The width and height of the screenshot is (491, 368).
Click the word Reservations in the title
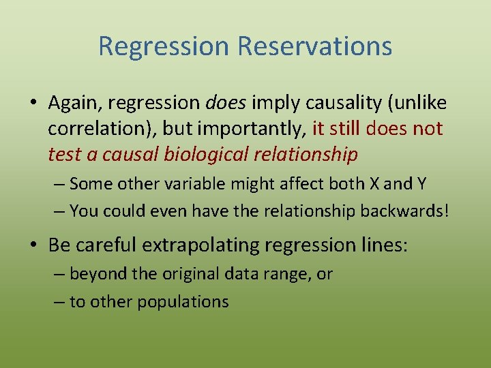314,46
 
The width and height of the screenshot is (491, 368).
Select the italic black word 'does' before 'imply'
227,103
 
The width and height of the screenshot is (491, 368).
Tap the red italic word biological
209,155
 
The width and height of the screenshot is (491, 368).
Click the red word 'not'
427,129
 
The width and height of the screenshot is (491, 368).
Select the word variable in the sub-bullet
195,183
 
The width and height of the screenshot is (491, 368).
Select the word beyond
93,275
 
